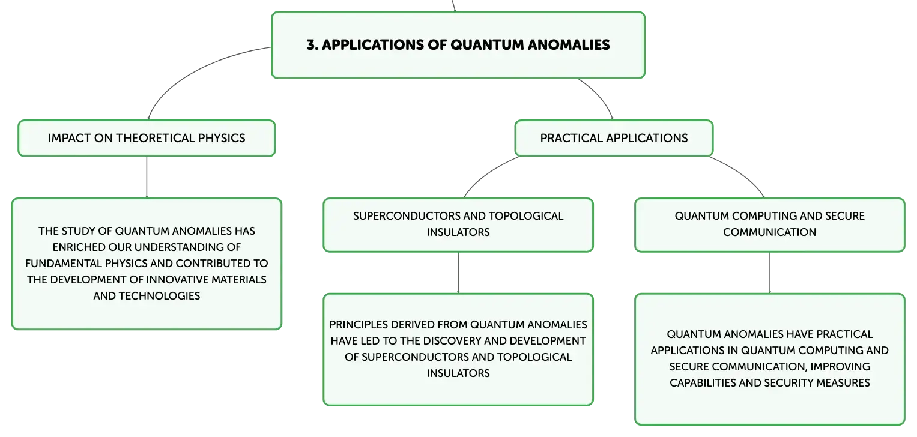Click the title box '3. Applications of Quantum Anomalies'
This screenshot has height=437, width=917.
(x=458, y=45)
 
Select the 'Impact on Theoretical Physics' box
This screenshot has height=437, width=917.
(x=147, y=138)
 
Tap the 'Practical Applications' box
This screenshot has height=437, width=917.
(x=614, y=138)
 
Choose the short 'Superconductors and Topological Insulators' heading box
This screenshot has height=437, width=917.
(x=458, y=225)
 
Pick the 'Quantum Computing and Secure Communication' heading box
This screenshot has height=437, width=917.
(x=770, y=225)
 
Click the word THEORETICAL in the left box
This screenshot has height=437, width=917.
(x=155, y=138)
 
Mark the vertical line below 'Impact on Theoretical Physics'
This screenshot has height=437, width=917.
(x=147, y=178)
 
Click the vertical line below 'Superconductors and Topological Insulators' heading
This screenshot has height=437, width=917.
(x=458, y=273)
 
